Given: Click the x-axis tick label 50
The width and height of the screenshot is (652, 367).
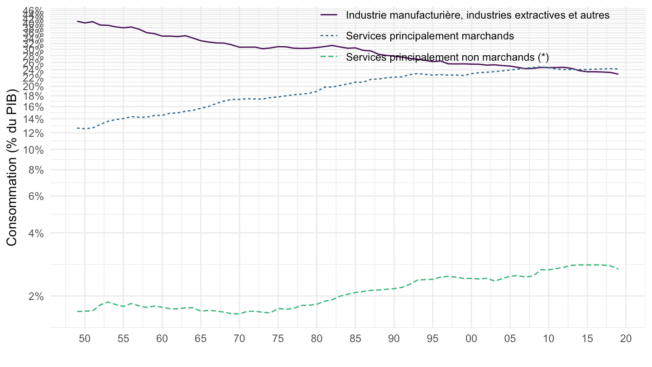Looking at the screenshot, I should pyautogui.click(x=85, y=339).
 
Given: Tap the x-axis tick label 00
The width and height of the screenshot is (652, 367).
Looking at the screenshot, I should pyautogui.click(x=471, y=339).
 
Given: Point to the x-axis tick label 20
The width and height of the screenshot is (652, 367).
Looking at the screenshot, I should pyautogui.click(x=626, y=339).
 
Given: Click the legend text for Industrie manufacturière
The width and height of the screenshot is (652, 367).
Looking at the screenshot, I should pyautogui.click(x=478, y=15).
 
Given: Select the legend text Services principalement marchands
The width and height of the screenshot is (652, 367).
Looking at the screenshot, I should pyautogui.click(x=430, y=36).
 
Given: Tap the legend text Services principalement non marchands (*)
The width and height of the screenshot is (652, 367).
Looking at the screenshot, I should pyautogui.click(x=447, y=57).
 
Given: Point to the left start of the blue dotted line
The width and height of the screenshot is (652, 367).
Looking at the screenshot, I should pyautogui.click(x=77, y=128).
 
